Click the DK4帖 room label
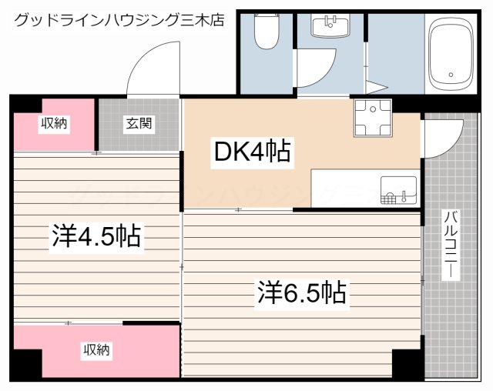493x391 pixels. (252, 152)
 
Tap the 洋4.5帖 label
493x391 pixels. (96, 236)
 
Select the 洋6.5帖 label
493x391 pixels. (300, 292)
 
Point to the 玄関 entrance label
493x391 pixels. (139, 122)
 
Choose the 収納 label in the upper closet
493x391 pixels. (54, 122)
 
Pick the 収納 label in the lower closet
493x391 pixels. (96, 350)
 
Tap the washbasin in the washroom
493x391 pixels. (330, 25)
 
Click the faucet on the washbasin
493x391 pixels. (330, 18)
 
